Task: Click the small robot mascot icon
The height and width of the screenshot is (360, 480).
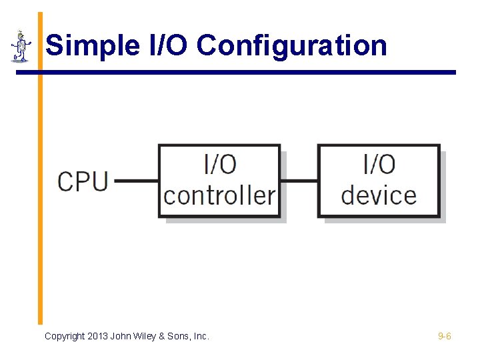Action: (21, 46)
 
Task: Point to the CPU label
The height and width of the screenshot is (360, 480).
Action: (83, 181)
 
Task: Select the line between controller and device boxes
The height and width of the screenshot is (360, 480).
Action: (299, 180)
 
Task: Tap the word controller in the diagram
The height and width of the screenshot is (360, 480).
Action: (219, 195)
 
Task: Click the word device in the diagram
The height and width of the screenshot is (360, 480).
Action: (379, 195)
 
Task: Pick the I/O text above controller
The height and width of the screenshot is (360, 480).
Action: (219, 164)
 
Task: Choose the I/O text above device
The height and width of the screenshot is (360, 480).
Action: (379, 164)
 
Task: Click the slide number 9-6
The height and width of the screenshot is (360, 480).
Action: (445, 337)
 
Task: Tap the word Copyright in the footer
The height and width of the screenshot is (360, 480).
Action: (65, 337)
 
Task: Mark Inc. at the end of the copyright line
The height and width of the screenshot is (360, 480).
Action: (202, 337)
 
